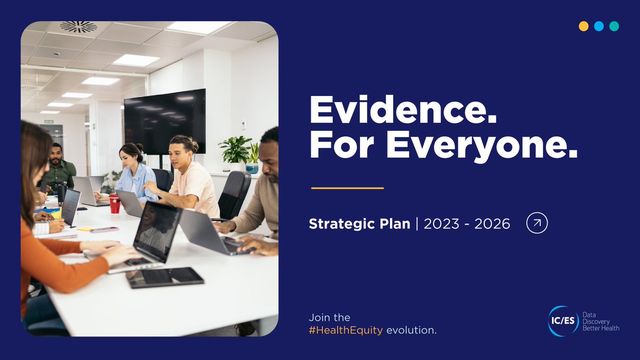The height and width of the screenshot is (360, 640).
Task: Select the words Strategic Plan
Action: [x=361, y=224]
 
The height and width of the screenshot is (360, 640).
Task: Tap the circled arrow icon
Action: [x=537, y=223]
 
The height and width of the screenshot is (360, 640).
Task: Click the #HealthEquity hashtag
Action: [x=346, y=331]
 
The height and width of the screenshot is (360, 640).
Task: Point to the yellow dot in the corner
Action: [x=583, y=27]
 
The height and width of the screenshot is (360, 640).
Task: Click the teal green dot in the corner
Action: [x=614, y=27]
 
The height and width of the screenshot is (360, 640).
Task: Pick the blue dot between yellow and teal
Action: [x=599, y=27]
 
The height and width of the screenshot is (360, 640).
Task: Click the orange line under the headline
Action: [x=347, y=188]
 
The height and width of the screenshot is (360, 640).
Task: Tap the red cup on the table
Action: [x=114, y=204]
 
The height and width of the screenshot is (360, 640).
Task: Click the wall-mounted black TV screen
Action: [x=164, y=121]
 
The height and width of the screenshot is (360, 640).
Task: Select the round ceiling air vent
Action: [x=78, y=26]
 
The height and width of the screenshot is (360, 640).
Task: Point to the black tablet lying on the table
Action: [x=165, y=277]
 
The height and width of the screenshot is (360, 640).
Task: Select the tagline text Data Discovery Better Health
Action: [x=601, y=322]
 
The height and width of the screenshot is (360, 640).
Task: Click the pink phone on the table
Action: [x=104, y=230]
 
